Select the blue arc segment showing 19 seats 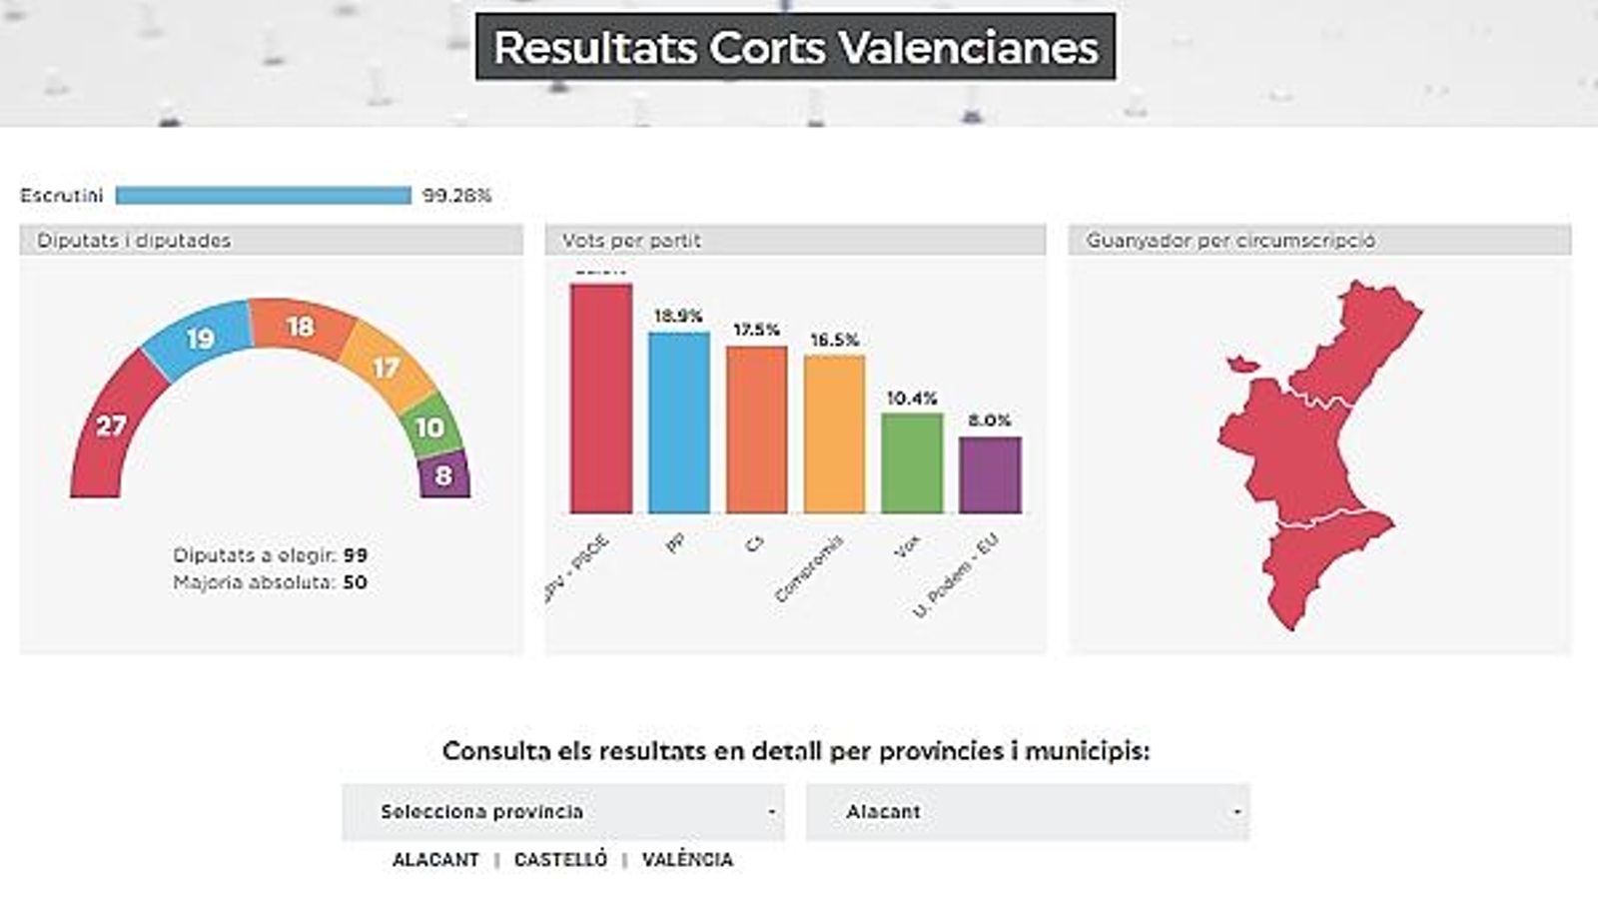click(x=200, y=339)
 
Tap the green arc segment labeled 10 click(x=430, y=428)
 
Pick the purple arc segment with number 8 click(x=443, y=476)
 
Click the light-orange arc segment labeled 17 click(x=387, y=368)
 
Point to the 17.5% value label click(x=756, y=330)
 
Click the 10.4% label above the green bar click(x=912, y=399)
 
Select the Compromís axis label click(x=810, y=568)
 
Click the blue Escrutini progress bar click(x=263, y=196)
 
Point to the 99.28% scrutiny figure click(x=456, y=196)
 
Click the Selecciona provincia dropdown click(x=563, y=812)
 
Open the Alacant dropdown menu click(x=1027, y=812)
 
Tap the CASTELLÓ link click(x=560, y=860)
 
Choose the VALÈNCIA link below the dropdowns click(x=687, y=860)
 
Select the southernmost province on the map click(x=1318, y=569)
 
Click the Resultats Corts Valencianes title click(x=795, y=47)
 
